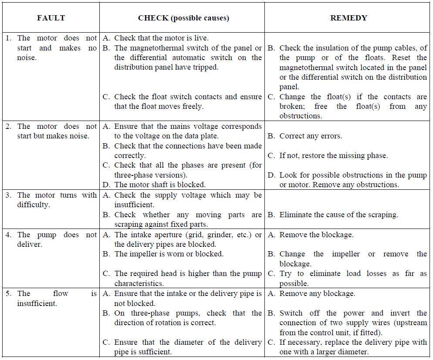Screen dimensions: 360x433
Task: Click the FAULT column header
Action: point(51,18)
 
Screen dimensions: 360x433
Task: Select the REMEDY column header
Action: point(348,18)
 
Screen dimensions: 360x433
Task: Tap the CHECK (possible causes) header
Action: point(183,18)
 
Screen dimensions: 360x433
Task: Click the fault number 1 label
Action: point(8,38)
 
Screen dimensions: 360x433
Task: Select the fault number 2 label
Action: point(8,126)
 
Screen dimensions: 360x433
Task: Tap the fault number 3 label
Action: point(8,195)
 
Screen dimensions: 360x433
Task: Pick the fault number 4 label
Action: point(8,235)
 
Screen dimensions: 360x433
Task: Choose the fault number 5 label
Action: point(8,294)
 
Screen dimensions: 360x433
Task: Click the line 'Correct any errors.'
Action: point(310,136)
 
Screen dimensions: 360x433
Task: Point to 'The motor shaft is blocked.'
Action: point(159,185)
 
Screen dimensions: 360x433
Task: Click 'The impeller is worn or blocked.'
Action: point(169,254)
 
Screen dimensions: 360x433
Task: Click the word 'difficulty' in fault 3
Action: point(34,205)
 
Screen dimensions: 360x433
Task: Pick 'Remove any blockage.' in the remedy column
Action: point(317,294)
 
